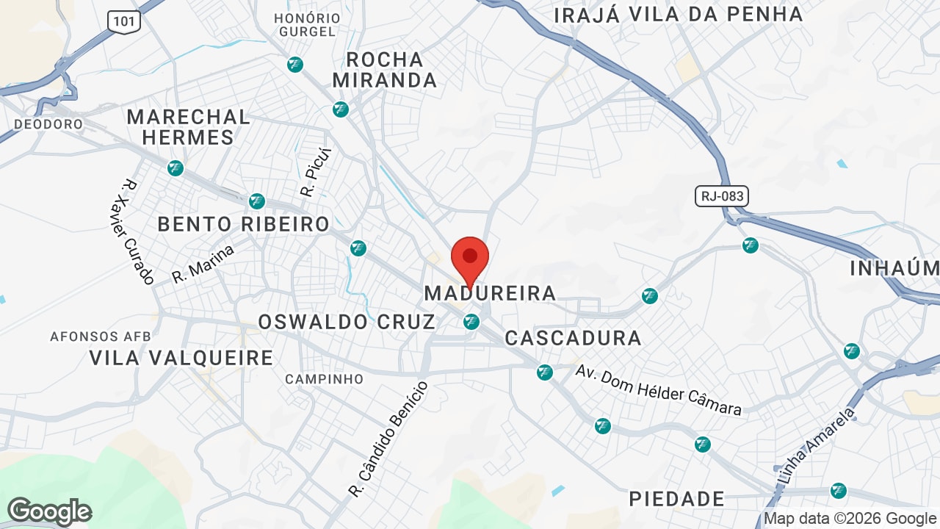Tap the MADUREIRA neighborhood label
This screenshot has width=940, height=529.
tap(490, 293)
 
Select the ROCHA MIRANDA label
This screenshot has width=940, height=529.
tap(385, 70)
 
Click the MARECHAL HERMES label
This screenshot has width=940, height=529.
tap(188, 126)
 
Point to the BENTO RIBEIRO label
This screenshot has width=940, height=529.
tap(244, 224)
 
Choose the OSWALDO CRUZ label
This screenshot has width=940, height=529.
tap(347, 322)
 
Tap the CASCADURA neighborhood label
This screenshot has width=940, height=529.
tap(573, 338)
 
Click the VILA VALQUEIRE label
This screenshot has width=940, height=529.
tap(181, 358)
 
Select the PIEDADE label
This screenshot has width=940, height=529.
tap(677, 499)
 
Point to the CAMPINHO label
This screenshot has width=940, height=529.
tap(324, 379)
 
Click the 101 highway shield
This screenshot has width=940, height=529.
tap(124, 21)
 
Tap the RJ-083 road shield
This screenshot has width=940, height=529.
tap(721, 196)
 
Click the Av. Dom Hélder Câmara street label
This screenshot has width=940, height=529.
tap(658, 389)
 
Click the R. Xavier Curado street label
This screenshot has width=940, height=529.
tap(135, 231)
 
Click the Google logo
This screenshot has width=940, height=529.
tap(49, 511)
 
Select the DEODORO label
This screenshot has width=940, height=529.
tap(48, 124)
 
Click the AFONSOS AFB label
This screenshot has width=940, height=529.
tap(100, 337)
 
